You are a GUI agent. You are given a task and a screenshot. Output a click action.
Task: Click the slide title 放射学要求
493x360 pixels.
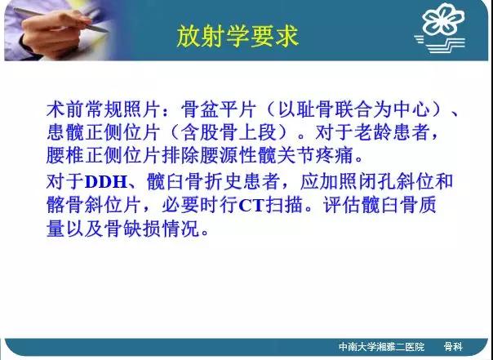[238, 36]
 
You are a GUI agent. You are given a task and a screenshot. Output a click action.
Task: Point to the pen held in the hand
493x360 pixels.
[61, 20]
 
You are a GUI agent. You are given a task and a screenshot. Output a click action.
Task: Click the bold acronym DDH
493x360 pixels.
[105, 182]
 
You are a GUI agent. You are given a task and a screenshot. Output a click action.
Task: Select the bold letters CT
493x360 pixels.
[251, 206]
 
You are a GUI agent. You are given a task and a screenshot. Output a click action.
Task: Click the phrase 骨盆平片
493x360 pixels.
[219, 109]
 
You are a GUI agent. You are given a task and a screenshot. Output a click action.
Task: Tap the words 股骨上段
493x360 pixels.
[238, 132]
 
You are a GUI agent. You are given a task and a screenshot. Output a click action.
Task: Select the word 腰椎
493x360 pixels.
[65, 155]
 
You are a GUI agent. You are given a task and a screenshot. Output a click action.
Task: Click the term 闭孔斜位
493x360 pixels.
[376, 182]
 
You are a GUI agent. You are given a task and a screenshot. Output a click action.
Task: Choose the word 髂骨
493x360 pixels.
[65, 206]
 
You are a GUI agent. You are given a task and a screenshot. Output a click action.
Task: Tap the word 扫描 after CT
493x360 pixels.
[284, 206]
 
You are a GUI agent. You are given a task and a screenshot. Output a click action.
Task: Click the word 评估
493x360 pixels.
[342, 206]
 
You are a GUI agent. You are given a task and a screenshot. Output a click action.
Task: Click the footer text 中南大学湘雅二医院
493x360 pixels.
[381, 347]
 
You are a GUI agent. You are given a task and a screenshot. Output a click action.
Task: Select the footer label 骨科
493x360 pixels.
[453, 347]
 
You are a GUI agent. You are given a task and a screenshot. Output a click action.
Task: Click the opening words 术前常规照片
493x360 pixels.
[104, 109]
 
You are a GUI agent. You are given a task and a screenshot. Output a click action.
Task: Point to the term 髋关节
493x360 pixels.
[286, 155]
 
